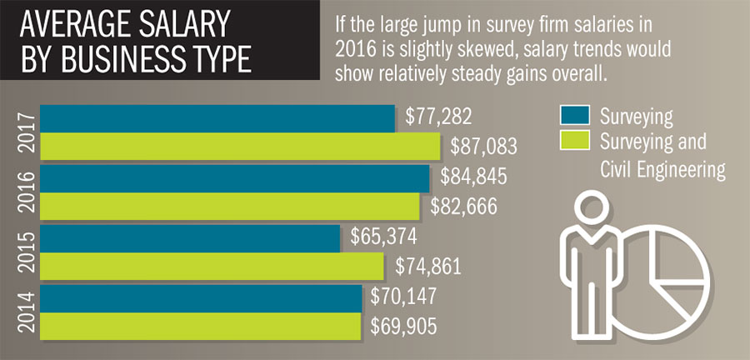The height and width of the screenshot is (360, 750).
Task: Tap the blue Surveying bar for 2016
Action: (233, 177)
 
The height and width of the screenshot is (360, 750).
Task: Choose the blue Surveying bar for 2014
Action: (200, 297)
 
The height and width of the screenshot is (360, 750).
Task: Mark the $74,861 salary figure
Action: (427, 267)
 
